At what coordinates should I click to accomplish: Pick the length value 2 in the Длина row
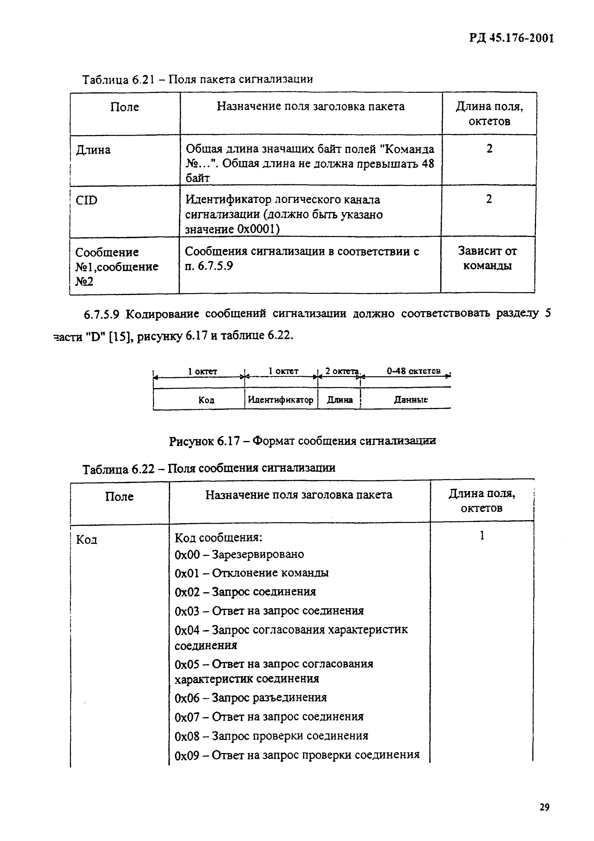point(489,148)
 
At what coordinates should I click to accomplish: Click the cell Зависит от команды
point(487,258)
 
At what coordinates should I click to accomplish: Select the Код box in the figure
point(206,400)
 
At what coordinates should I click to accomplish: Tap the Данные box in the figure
point(410,400)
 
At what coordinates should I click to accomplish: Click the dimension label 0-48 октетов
point(414,371)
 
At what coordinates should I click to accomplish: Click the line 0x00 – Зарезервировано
point(239,554)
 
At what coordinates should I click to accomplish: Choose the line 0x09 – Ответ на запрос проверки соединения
point(297,755)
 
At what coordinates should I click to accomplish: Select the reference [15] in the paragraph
point(121,336)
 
